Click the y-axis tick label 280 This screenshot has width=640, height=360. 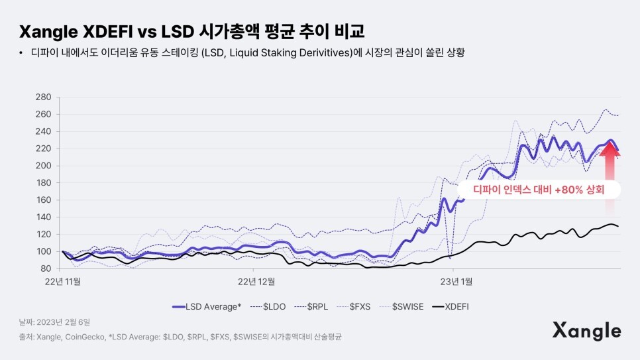[43, 97]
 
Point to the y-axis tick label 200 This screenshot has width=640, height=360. [43, 166]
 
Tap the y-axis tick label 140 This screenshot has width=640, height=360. [43, 217]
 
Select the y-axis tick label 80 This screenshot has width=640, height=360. [45, 269]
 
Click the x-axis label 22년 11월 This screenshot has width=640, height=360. [63, 281]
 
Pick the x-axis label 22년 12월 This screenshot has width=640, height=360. [257, 281]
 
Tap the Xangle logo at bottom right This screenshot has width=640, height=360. [586, 330]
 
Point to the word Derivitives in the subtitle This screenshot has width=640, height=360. [329, 52]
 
